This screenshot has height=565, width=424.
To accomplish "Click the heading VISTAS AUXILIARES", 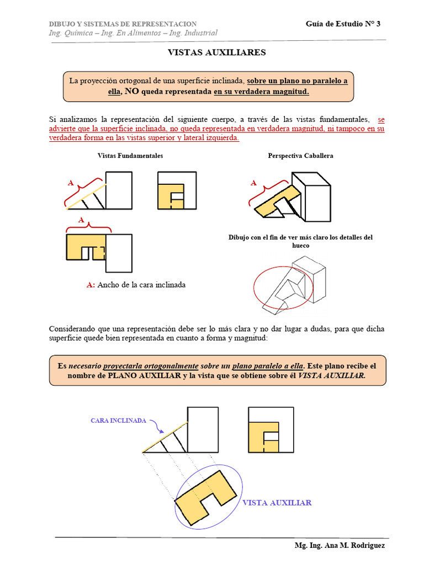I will (x=216, y=52).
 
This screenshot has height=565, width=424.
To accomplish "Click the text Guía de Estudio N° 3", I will (x=343, y=24).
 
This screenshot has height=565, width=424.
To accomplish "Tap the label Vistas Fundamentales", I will (x=130, y=156).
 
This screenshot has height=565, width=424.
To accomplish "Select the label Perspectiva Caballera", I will (x=300, y=156).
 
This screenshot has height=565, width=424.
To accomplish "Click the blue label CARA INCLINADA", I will (x=118, y=420).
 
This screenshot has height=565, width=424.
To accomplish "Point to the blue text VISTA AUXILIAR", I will (x=277, y=503).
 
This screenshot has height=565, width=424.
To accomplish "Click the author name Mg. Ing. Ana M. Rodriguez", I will (x=340, y=545).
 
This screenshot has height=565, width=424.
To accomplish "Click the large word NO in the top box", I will (x=131, y=92).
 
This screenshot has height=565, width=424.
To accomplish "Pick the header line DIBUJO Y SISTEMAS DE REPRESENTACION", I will (x=123, y=24).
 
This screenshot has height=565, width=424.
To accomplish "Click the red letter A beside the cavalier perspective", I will (x=253, y=183).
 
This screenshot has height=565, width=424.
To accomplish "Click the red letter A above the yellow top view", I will (x=81, y=220).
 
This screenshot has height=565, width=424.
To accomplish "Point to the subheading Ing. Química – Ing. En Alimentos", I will (x=133, y=33).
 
